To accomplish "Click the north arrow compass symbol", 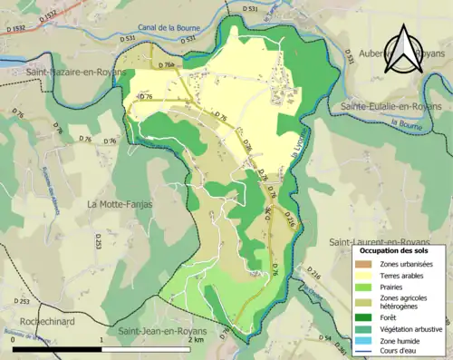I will [x=401, y=49].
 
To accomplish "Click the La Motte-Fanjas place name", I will [x=118, y=204].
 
